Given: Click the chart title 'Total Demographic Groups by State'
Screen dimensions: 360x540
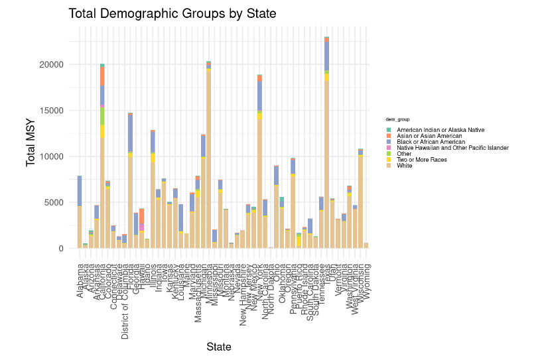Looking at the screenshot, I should click(x=172, y=14).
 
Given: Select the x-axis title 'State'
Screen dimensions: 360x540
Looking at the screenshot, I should click(x=218, y=347).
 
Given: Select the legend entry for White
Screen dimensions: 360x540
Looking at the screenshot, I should click(x=404, y=166).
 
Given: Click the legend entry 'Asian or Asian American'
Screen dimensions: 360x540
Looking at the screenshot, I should click(x=427, y=136).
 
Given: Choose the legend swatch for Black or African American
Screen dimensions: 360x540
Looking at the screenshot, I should click(x=389, y=142).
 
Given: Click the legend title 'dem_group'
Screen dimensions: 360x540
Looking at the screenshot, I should click(x=398, y=119).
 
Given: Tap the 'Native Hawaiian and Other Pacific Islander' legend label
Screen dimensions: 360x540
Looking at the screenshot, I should click(x=452, y=148).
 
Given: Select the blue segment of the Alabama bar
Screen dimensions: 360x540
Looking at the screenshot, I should click(x=80, y=191).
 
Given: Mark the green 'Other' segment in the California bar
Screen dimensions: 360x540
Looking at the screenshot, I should click(x=102, y=116).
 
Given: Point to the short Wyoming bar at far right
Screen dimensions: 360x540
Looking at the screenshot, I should click(x=366, y=245).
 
